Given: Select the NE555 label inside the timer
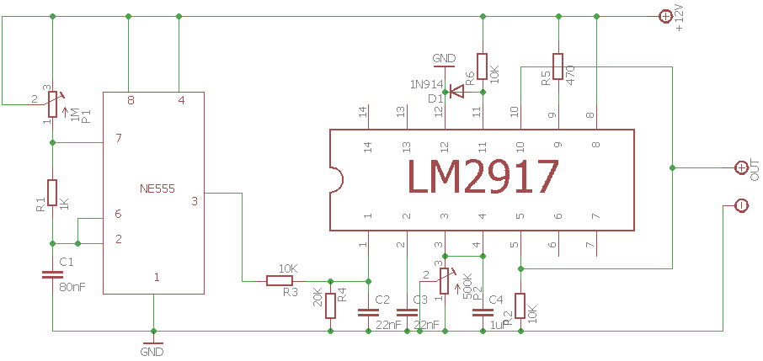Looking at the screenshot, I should [x=157, y=188].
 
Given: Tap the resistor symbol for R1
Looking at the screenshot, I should [x=52, y=192].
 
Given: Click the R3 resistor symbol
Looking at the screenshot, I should [x=280, y=280].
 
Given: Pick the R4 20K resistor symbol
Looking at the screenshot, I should [x=330, y=305].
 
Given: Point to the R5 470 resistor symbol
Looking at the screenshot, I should [x=558, y=66].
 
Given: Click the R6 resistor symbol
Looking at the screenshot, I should [x=482, y=66].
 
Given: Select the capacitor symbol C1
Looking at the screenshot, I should [x=52, y=273].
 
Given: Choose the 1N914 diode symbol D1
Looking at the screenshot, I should [x=456, y=92].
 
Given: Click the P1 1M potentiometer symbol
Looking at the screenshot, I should [x=52, y=103].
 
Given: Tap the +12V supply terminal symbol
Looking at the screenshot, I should [x=664, y=16].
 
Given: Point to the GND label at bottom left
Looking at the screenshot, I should [x=152, y=352].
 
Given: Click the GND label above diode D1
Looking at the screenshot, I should [x=444, y=58].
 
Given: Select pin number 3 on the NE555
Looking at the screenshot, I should [x=195, y=201].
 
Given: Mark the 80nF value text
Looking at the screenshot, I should [x=72, y=287].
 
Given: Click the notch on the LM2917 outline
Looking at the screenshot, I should [x=334, y=179].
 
